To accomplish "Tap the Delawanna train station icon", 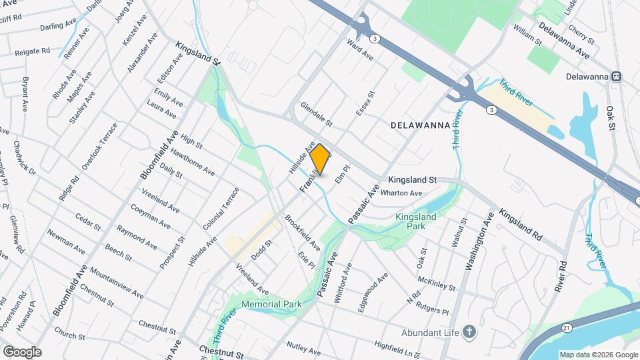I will (x=617, y=77).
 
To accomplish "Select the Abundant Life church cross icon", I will (x=469, y=331).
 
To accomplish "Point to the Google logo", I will (x=22, y=351).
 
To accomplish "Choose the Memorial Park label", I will (x=271, y=305).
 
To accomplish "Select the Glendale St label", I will (x=316, y=115).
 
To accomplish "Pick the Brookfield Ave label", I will (x=303, y=233).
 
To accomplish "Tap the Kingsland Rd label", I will (x=521, y=227).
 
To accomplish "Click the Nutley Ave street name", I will (x=304, y=346).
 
